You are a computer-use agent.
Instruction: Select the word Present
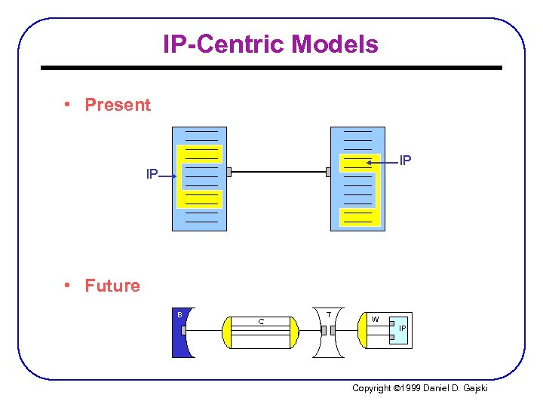pos(118,105)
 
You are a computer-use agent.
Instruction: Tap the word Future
pos(112,286)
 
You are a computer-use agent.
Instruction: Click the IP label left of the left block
pos(152,174)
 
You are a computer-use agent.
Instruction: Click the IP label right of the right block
pos(405,161)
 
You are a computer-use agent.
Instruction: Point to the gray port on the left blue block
pos(228,172)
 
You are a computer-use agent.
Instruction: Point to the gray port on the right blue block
pos(328,172)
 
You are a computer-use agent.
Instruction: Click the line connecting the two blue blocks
pos(278,172)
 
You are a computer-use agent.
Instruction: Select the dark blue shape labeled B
pos(179,332)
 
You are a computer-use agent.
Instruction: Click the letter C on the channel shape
pos(261,322)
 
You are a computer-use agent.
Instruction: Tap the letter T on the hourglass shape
pos(329,314)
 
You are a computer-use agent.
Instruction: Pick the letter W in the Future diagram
pos(375,319)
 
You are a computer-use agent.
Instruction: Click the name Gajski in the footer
pos(474,388)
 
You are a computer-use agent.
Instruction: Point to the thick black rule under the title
pos(271,68)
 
